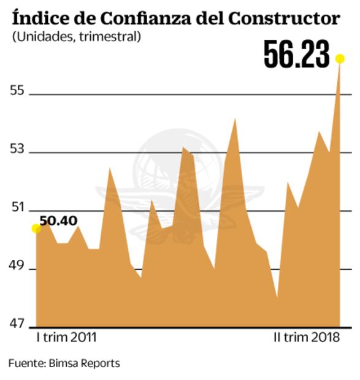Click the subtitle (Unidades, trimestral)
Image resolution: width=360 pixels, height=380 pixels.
76,37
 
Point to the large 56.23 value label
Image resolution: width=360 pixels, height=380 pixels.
297,56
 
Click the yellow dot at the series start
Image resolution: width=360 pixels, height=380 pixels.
36,229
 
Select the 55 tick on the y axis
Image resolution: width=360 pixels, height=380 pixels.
17,91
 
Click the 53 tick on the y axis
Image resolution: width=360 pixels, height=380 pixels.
17,150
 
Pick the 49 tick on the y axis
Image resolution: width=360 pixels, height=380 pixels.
17,267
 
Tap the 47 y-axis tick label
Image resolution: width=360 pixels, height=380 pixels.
17,324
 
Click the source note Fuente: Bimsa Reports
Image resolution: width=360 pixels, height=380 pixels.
64,363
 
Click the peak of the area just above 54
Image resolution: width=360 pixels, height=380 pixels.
235,119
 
